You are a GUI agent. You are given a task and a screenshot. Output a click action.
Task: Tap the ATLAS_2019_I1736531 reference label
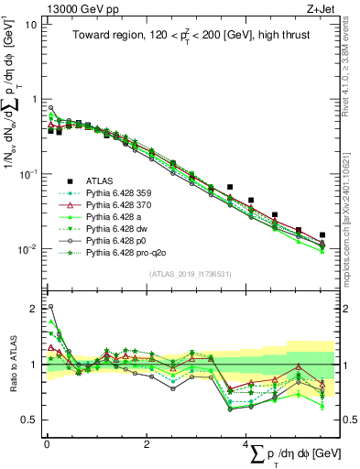click(x=190, y=275)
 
